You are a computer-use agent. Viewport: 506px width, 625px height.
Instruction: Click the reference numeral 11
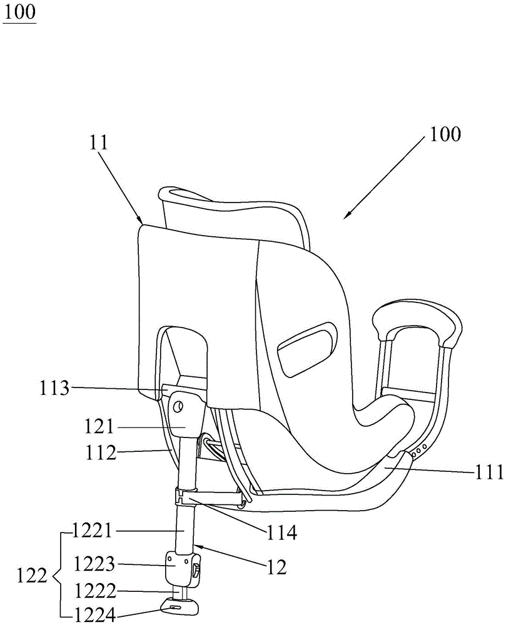(98, 142)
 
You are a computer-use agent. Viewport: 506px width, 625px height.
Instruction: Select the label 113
(54, 387)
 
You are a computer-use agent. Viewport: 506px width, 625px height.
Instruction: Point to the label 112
(100, 452)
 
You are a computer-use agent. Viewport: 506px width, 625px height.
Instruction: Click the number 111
(489, 472)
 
